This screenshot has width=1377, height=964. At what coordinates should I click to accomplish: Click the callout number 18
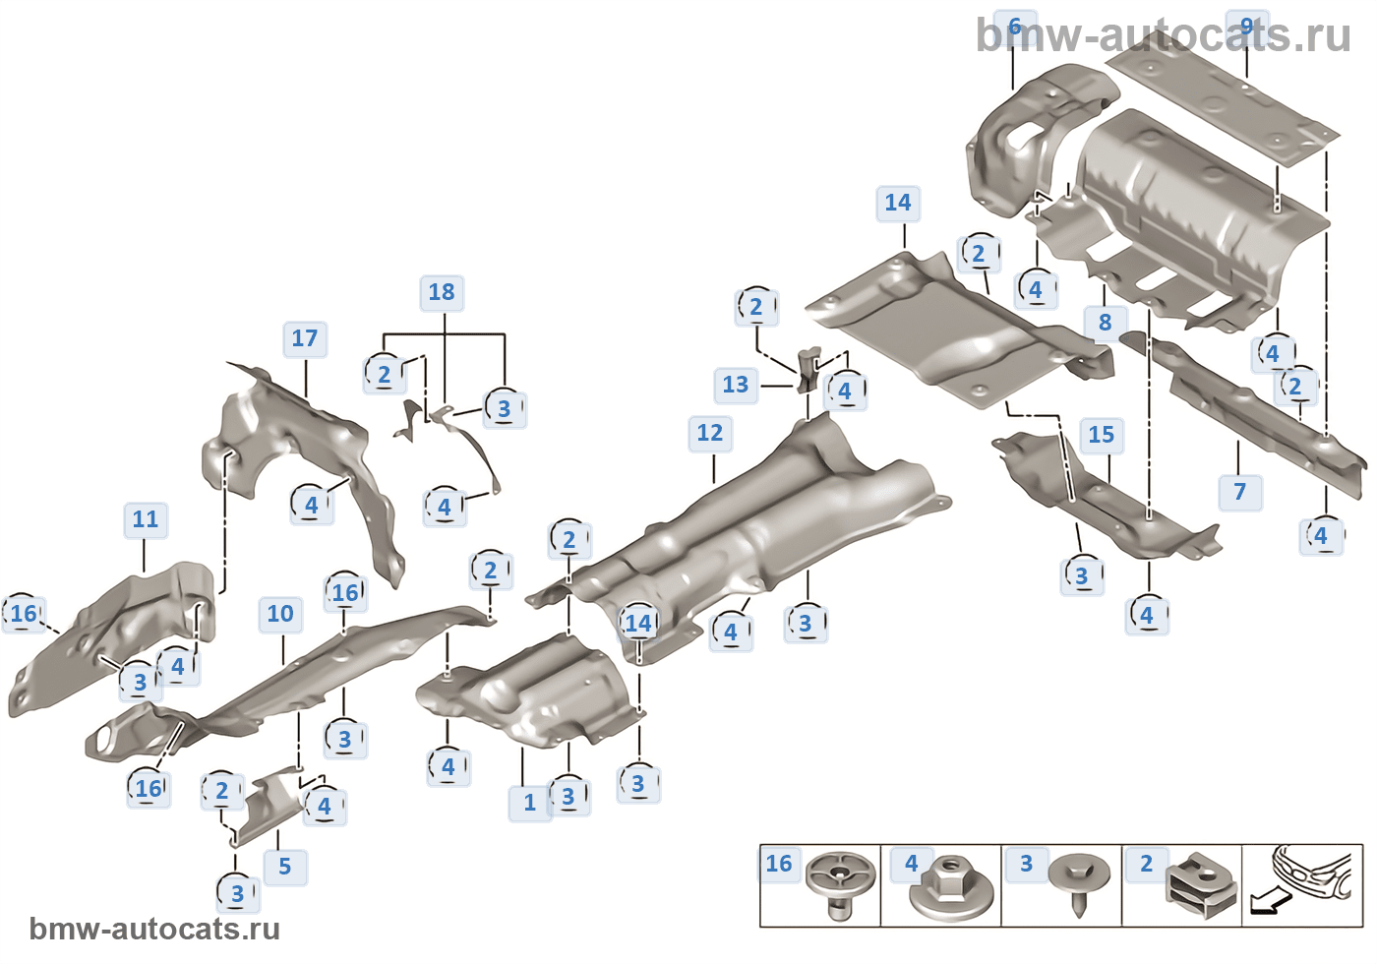[x=442, y=292]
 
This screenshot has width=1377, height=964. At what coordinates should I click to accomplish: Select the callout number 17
[x=305, y=338]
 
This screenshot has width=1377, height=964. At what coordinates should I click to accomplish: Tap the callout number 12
[x=709, y=433]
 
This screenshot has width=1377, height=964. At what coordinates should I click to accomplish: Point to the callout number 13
[x=735, y=385]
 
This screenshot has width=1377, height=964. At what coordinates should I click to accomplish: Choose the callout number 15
[x=1101, y=435]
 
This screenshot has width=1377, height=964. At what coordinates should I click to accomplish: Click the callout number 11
[x=145, y=519]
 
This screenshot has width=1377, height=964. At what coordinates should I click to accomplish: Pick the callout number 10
[x=280, y=614]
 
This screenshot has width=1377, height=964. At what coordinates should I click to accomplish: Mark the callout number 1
[x=529, y=803]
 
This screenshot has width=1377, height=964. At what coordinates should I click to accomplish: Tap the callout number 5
[x=284, y=867]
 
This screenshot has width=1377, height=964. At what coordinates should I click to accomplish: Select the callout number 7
[x=1239, y=492]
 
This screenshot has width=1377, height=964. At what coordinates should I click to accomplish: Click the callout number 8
[x=1105, y=322]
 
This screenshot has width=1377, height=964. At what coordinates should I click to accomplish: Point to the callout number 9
[x=1246, y=27]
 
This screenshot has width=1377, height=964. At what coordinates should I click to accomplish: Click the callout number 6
[x=1014, y=27]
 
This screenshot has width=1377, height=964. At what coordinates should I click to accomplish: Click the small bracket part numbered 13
[x=808, y=369]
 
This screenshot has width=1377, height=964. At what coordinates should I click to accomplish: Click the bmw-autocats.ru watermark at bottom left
[x=154, y=930]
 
